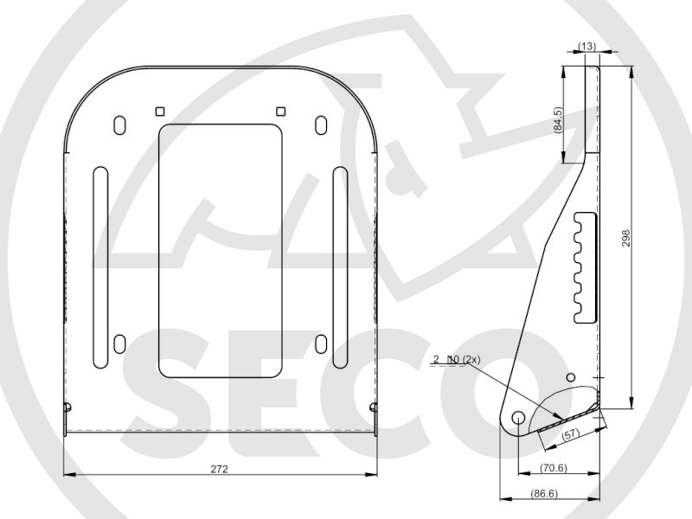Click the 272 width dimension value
click(219, 469)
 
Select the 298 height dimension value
click(625, 238)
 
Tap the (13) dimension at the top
click(586, 46)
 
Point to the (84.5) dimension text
click(558, 119)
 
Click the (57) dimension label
click(570, 434)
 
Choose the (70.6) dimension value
click(554, 467)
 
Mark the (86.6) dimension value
click(544, 493)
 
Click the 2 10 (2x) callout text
click(457, 360)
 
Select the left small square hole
click(160, 112)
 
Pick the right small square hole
click(280, 112)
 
